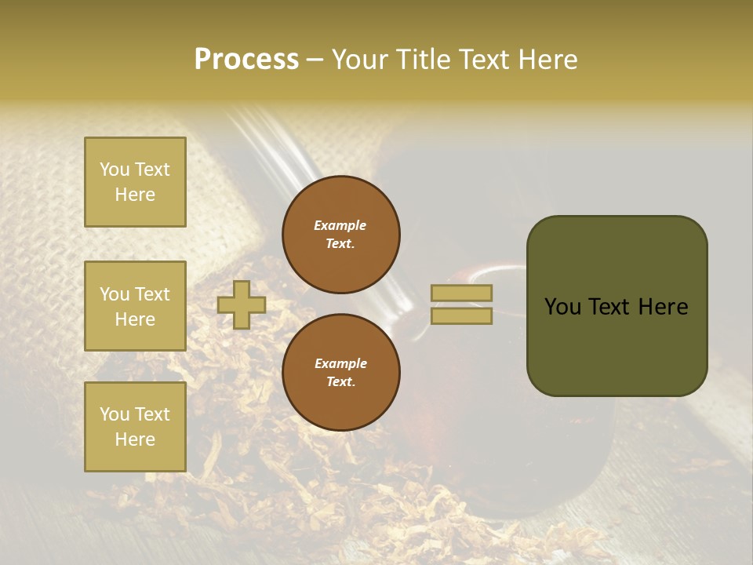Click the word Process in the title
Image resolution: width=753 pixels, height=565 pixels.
click(246, 60)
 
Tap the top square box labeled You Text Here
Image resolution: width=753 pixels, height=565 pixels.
click(135, 182)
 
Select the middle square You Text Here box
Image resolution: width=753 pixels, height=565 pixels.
click(135, 306)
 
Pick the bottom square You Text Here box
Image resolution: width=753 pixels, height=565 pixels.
click(135, 427)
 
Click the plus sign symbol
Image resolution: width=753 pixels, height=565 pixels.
click(242, 304)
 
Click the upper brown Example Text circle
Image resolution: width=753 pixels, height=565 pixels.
click(341, 235)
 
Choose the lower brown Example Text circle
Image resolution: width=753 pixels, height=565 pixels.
click(341, 373)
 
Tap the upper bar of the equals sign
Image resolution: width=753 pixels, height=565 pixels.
click(461, 293)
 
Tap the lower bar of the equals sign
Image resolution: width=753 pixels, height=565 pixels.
click(461, 316)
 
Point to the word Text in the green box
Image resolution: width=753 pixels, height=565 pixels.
click(618, 307)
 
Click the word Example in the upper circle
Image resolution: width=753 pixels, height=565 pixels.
click(340, 225)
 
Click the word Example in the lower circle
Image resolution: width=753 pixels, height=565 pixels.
click(340, 363)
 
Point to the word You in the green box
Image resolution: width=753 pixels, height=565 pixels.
click(562, 307)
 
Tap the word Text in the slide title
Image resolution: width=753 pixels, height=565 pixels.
click(483, 60)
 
